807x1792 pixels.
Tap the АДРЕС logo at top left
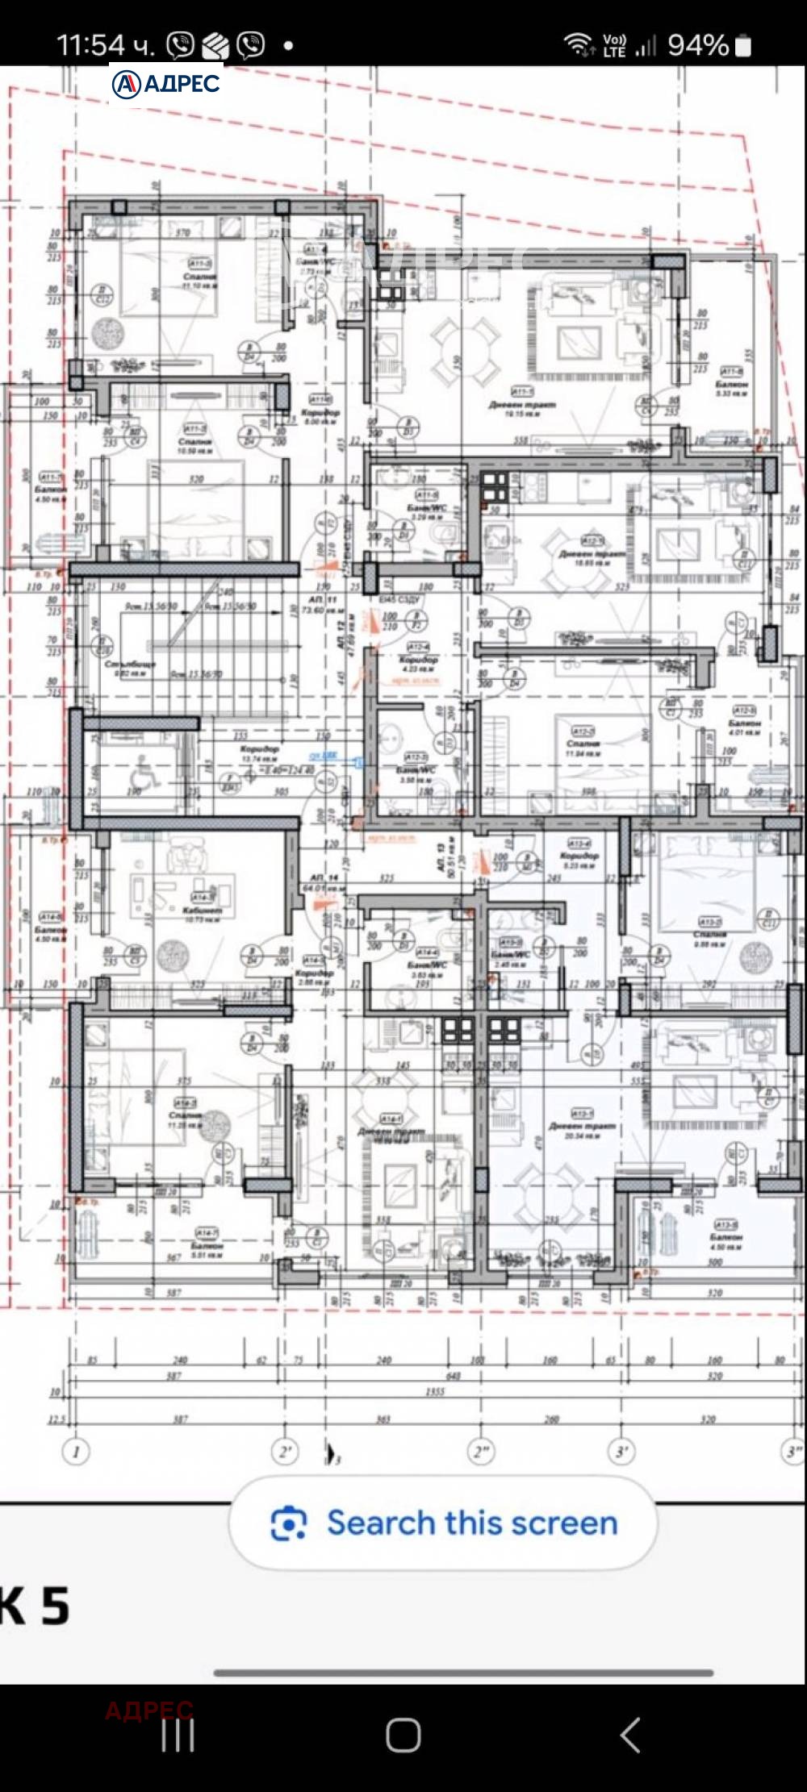[166, 84]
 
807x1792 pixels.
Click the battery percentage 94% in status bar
[698, 45]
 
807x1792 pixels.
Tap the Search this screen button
[443, 1523]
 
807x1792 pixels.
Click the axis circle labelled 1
[76, 1452]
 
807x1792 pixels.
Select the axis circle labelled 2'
[285, 1452]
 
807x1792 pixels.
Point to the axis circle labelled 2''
[481, 1452]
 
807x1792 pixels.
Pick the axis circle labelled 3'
[621, 1452]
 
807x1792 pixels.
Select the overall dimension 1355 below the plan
[434, 1392]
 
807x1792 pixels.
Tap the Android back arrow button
[630, 1734]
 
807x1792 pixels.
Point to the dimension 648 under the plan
[453, 1377]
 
